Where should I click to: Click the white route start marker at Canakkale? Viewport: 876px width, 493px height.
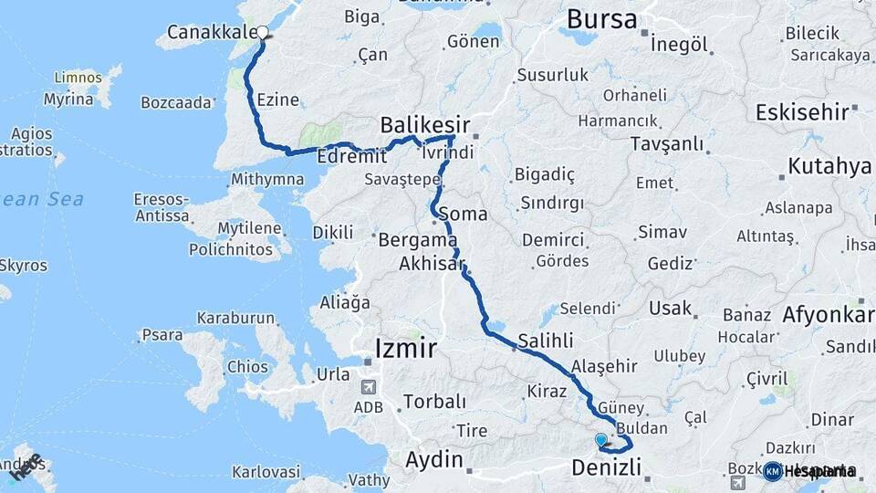point(263,33)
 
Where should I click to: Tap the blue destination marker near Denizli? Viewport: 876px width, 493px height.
point(601,441)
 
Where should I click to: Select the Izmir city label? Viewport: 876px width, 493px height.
point(406,348)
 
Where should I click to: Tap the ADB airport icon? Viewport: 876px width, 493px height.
point(368,388)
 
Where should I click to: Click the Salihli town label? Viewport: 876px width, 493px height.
point(546,341)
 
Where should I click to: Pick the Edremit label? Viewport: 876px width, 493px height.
point(347,157)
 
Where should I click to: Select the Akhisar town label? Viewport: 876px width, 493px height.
point(432,265)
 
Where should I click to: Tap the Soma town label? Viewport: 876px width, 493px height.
point(463,215)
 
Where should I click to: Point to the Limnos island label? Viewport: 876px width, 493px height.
point(78,78)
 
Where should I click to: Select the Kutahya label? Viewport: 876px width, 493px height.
point(829,166)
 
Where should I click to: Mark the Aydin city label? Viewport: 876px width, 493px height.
point(434,459)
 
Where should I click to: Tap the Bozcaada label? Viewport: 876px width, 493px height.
point(177,103)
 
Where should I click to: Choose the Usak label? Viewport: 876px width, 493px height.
point(670,308)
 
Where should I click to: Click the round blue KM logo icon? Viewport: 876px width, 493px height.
point(773,471)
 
